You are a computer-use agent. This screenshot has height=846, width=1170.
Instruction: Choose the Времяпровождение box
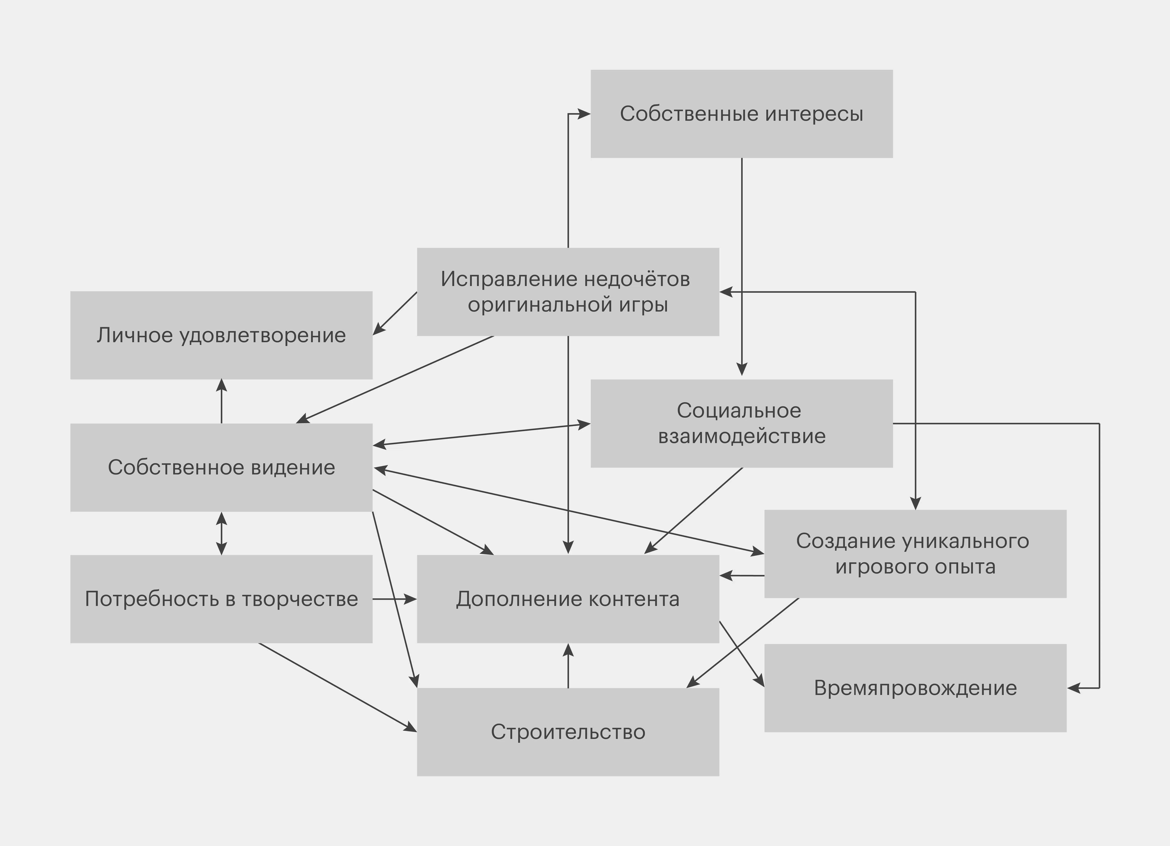click(x=915, y=688)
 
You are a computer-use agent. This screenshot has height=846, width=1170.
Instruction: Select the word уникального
click(x=966, y=541)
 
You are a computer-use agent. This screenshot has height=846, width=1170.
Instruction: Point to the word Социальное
click(x=739, y=411)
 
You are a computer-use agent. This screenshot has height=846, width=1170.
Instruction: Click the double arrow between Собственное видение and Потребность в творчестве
click(x=221, y=533)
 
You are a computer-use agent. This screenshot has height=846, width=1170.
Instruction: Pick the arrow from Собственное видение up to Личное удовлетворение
click(x=221, y=402)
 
